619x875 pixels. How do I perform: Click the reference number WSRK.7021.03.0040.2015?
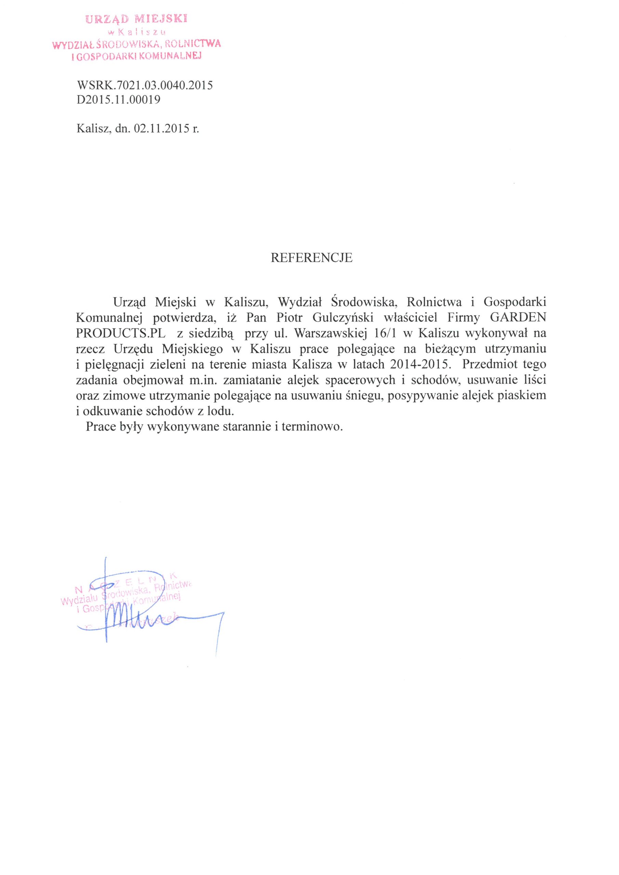coord(145,85)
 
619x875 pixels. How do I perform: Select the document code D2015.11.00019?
coord(118,100)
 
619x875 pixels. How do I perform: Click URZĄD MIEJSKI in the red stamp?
coord(136,19)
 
